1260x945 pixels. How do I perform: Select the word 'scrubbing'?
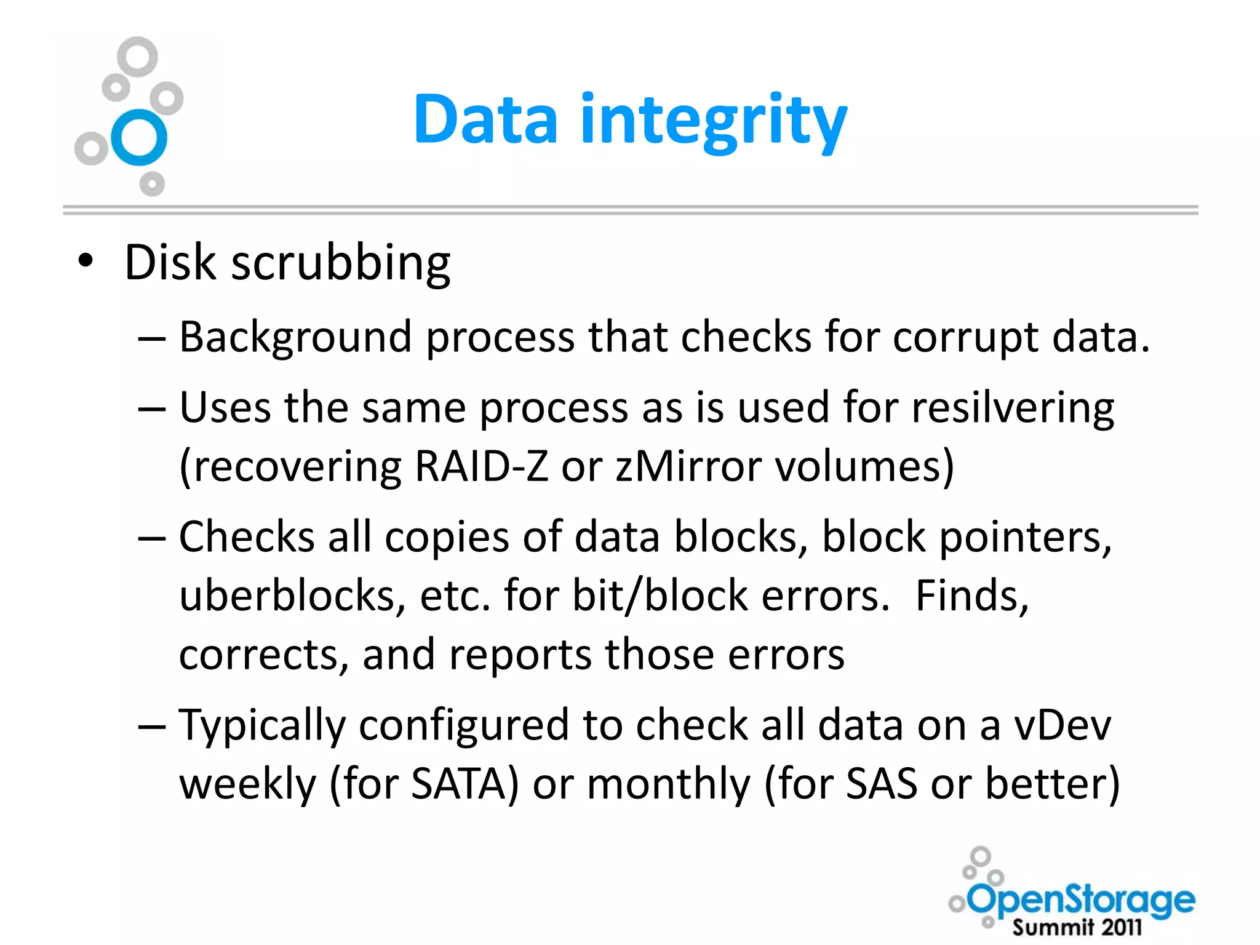tap(341, 263)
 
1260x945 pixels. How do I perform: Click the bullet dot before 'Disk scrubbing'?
tap(86, 261)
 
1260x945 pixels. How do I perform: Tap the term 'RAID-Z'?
tap(481, 466)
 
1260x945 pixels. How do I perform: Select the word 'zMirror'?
tap(688, 466)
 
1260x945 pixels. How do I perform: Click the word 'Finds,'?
tap(972, 596)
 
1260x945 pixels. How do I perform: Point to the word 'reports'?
tap(520, 654)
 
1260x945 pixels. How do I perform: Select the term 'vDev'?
tap(1063, 725)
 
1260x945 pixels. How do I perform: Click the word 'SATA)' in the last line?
tap(465, 784)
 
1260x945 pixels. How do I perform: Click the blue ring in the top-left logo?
tap(139, 137)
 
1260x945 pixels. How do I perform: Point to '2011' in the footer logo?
tap(1122, 927)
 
